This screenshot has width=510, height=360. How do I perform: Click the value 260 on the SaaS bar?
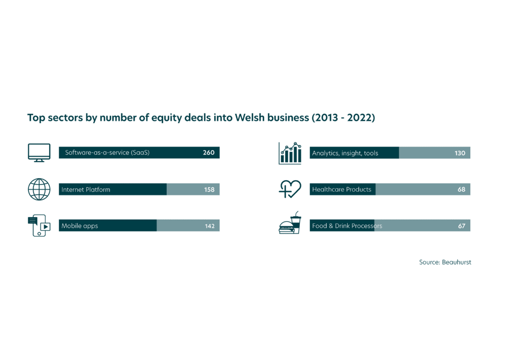click(208, 153)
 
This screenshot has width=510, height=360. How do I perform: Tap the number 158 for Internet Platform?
click(209, 189)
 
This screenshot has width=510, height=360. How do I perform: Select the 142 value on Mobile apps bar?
click(210, 226)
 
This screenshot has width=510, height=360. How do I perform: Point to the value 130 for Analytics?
click(460, 153)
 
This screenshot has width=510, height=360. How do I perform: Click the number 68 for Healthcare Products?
click(461, 189)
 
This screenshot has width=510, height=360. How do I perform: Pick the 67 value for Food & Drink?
click(462, 226)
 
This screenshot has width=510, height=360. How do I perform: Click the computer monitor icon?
click(39, 153)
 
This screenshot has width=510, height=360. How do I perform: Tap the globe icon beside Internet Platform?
click(39, 189)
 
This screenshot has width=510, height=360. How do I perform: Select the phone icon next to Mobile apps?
click(39, 225)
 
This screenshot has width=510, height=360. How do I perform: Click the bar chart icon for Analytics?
click(290, 153)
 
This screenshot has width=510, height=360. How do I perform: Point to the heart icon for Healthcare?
click(290, 189)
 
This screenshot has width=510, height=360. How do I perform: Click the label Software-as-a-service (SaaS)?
click(107, 153)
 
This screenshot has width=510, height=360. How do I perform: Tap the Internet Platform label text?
click(86, 189)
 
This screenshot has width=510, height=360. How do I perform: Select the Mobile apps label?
click(80, 226)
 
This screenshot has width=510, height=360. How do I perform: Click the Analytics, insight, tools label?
click(345, 153)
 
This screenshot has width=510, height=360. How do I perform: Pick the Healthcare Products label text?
click(341, 189)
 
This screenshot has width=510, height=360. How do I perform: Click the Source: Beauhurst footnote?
click(445, 262)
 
